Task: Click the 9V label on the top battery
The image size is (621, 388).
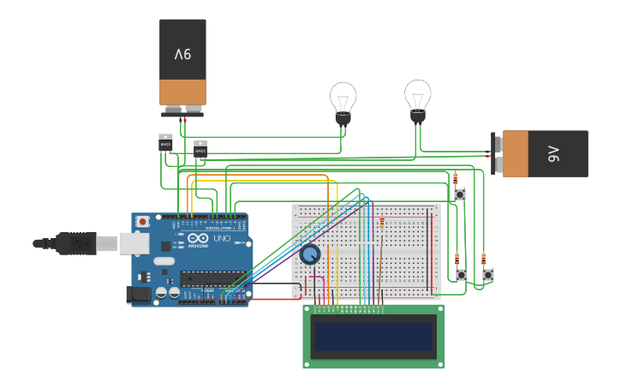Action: pyautogui.click(x=182, y=54)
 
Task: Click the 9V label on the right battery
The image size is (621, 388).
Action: pyautogui.click(x=552, y=154)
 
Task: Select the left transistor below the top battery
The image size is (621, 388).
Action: pyautogui.click(x=165, y=142)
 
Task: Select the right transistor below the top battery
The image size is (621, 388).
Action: pyautogui.click(x=200, y=149)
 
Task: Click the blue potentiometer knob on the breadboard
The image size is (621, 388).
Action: pyautogui.click(x=309, y=254)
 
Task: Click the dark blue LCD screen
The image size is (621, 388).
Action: pyautogui.click(x=373, y=337)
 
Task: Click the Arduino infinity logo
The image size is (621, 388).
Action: pyautogui.click(x=194, y=239)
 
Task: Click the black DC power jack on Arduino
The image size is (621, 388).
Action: pyautogui.click(x=139, y=294)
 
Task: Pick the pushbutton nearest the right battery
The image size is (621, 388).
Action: pyautogui.click(x=460, y=195)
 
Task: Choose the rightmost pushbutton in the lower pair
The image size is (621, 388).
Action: pyautogui.click(x=488, y=275)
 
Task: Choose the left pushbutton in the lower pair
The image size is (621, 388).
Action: pyautogui.click(x=462, y=275)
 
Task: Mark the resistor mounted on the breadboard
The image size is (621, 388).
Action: pyautogui.click(x=381, y=224)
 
